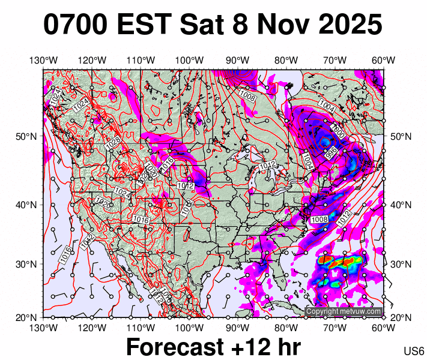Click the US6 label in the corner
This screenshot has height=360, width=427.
tap(414, 350)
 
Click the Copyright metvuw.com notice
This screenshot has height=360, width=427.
tap(344, 311)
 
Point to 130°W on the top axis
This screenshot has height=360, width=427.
tap(43, 60)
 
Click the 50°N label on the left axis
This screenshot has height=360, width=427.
tap(23, 137)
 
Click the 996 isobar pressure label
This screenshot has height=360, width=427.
tap(330, 154)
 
